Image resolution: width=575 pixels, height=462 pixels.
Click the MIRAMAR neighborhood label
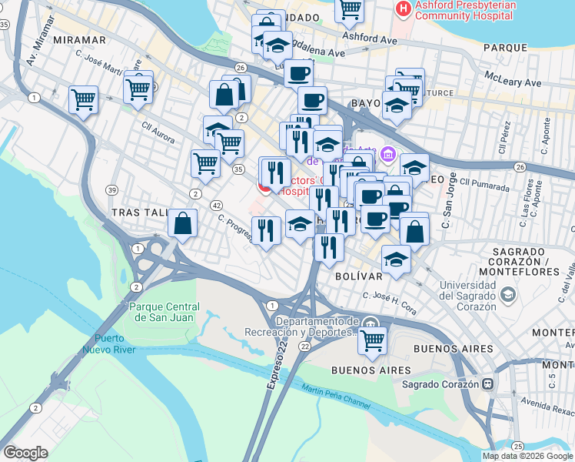[80, 39]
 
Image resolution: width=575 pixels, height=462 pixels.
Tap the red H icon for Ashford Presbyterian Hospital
[401, 8]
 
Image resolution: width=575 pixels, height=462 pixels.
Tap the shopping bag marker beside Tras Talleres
[182, 224]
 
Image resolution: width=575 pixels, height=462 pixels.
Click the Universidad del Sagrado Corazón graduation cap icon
[507, 295]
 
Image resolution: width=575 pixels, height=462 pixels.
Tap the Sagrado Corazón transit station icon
[487, 383]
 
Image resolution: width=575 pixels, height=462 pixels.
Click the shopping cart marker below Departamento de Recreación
[373, 340]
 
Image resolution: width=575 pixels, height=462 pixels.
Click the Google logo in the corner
[25, 452]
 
